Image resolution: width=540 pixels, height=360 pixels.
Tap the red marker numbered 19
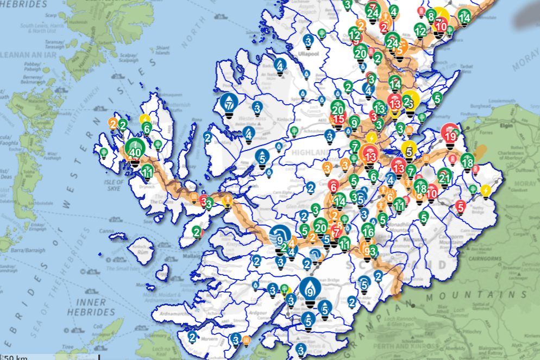449,135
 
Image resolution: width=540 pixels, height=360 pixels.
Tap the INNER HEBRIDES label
91,306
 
